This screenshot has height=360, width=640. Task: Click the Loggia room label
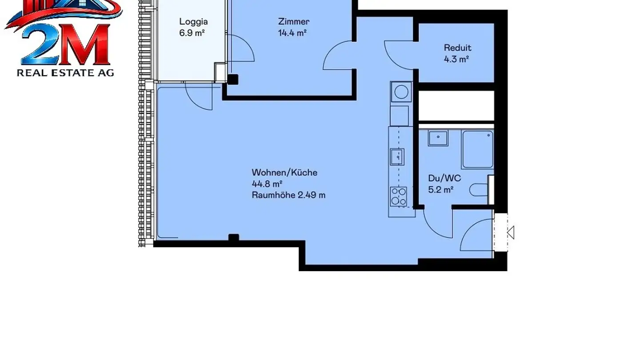pyautogui.click(x=193, y=21)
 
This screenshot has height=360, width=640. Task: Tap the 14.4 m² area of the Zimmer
pyautogui.click(x=292, y=33)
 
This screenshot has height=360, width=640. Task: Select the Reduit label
pyautogui.click(x=457, y=48)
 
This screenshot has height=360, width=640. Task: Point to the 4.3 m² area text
pyautogui.click(x=457, y=59)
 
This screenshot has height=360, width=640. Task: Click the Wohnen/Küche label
pyautogui.click(x=284, y=172)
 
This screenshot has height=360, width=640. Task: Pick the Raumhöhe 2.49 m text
pyautogui.click(x=288, y=195)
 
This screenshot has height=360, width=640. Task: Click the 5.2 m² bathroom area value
pyautogui.click(x=440, y=190)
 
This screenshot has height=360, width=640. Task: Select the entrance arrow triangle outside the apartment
pyautogui.click(x=511, y=232)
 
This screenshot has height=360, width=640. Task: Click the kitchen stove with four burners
pyautogui.click(x=398, y=196)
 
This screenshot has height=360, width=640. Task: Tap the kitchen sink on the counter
pyautogui.click(x=397, y=156)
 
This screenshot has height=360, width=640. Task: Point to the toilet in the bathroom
pyautogui.click(x=478, y=190)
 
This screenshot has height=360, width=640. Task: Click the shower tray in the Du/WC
pyautogui.click(x=477, y=149)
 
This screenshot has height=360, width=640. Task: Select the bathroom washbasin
pyautogui.click(x=438, y=138)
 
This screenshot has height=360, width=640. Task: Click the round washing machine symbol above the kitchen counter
pyautogui.click(x=401, y=92)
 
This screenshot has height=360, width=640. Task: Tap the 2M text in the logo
pyautogui.click(x=65, y=44)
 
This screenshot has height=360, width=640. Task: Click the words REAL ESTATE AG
pyautogui.click(x=65, y=72)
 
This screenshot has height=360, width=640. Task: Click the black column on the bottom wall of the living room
pyautogui.click(x=233, y=238)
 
